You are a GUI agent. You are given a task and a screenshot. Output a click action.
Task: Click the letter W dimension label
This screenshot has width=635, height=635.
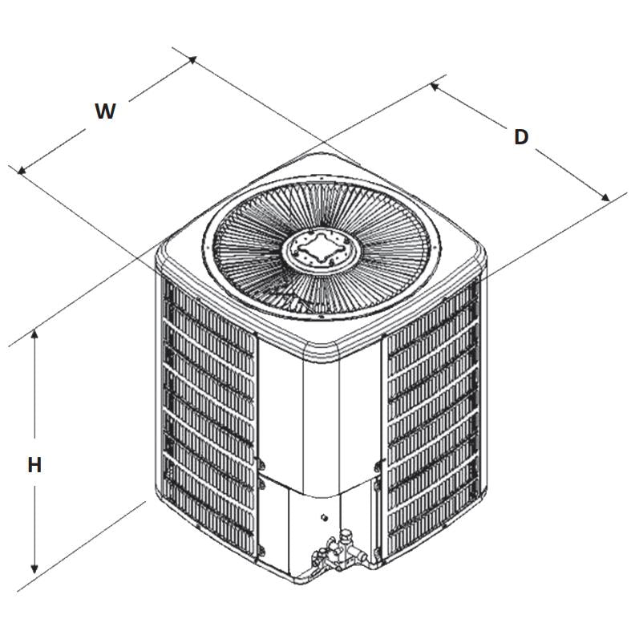pos(105,111)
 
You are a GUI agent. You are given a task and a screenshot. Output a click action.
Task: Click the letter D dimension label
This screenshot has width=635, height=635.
pos(521,137)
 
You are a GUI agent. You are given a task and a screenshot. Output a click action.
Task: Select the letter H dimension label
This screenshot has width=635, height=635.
pos(34,465)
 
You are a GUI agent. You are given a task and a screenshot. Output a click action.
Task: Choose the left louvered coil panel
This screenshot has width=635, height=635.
pos(210,417)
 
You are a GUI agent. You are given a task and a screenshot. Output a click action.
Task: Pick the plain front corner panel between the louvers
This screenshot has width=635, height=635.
pos(321,417)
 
